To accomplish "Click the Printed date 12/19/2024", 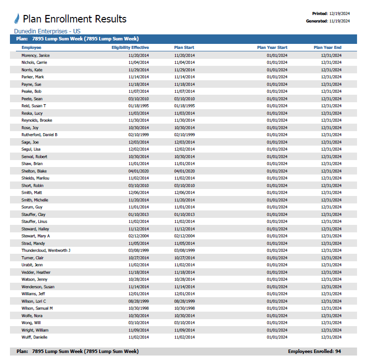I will (x=340, y=13).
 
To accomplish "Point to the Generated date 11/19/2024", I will (x=340, y=21).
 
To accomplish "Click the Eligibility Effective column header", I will (x=130, y=48).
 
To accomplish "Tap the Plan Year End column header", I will (x=328, y=48).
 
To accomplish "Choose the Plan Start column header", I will (x=184, y=48).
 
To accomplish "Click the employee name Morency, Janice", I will (x=35, y=55).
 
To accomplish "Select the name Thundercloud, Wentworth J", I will (x=46, y=250).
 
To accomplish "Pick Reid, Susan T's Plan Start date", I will (x=185, y=106).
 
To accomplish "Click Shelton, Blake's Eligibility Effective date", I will (x=138, y=171).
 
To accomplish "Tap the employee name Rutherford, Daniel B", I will (x=39, y=135).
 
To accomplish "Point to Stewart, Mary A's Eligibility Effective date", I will (x=138, y=236).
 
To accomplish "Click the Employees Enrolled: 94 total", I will (x=315, y=352).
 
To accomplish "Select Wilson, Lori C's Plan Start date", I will (x=185, y=301).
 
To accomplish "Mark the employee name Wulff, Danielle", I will (x=34, y=337).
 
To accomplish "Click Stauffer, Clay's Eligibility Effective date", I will (x=138, y=214).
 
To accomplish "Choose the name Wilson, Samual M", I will (x=37, y=308).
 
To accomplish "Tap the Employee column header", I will (x=31, y=48).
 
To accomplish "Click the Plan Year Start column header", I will (x=272, y=48).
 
